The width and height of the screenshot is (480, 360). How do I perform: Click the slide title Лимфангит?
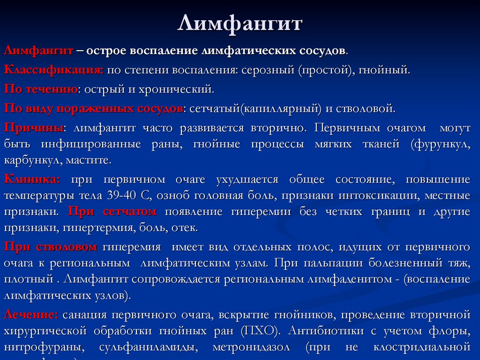tap(240, 24)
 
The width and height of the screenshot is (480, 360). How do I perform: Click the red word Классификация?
tap(53, 70)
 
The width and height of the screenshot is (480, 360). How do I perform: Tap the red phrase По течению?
tap(41, 89)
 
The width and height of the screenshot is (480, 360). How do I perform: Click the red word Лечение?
tap(31, 314)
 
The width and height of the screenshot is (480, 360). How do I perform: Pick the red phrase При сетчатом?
tap(112, 211)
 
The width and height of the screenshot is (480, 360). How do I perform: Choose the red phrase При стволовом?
tap(51, 246)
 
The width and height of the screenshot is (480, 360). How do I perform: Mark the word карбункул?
tap(29, 160)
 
